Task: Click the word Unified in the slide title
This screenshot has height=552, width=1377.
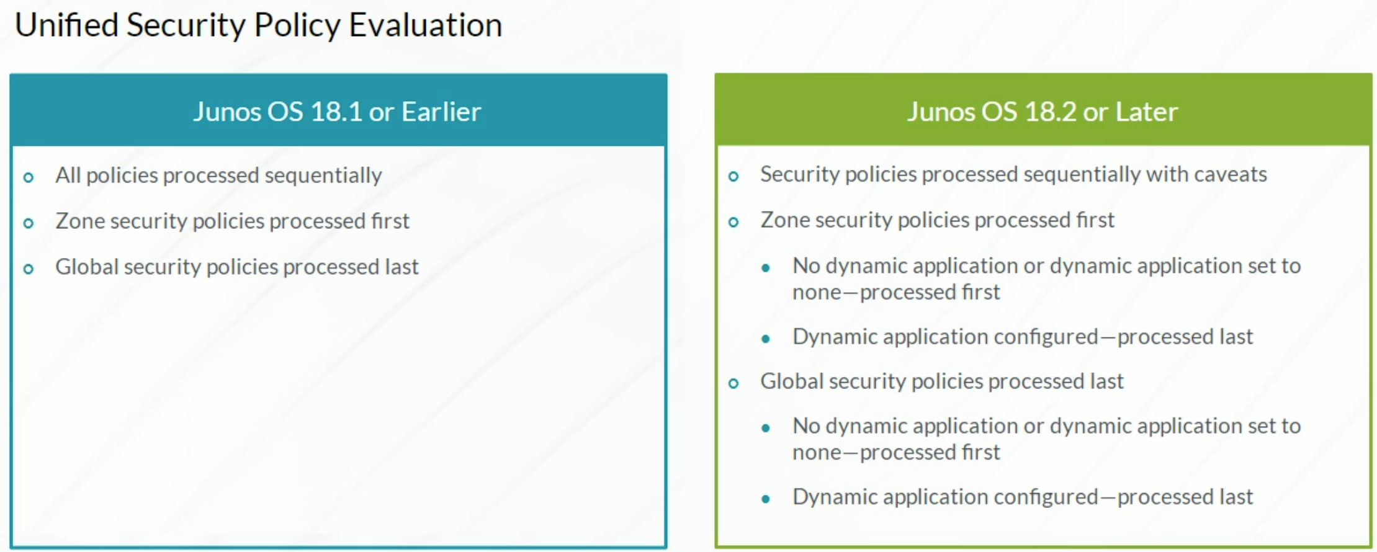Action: pyautogui.click(x=66, y=25)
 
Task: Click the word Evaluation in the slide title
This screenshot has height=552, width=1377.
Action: pyautogui.click(x=425, y=25)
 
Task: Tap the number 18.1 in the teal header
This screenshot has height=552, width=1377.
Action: pyautogui.click(x=336, y=112)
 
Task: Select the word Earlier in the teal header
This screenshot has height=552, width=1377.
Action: pyautogui.click(x=441, y=112)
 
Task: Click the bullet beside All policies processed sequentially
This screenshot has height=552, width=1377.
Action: pyautogui.click(x=29, y=177)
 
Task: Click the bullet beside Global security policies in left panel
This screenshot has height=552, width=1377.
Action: pyautogui.click(x=29, y=269)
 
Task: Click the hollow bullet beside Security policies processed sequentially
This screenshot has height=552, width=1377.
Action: pyautogui.click(x=733, y=176)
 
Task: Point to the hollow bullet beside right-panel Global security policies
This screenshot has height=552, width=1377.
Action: pyautogui.click(x=733, y=383)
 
